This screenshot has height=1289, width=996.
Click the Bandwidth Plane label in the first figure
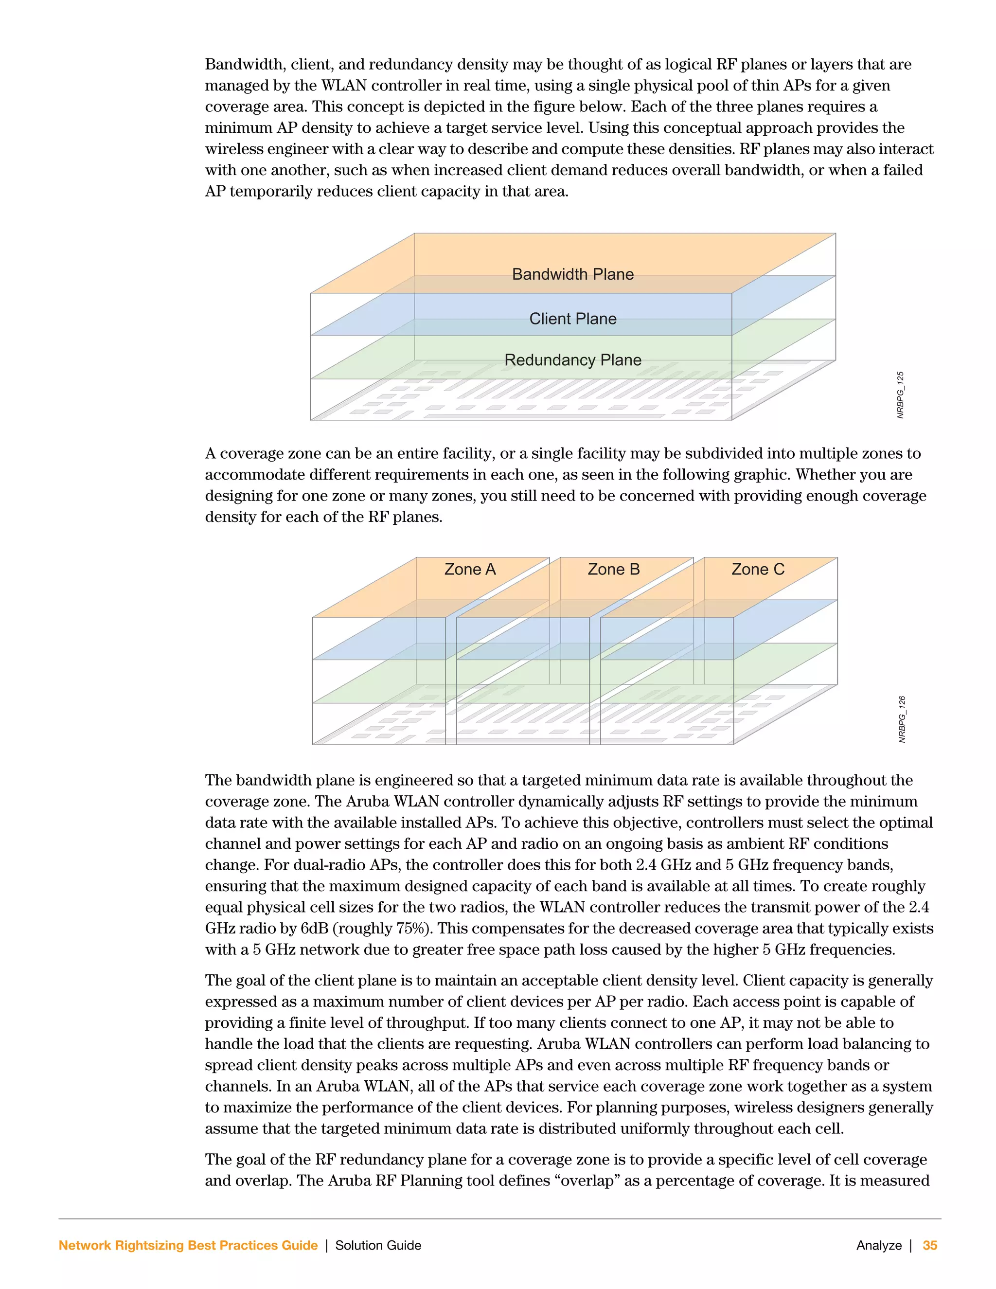572,274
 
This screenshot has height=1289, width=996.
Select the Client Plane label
572,319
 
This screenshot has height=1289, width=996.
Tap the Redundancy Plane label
572,360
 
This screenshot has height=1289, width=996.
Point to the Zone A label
470,570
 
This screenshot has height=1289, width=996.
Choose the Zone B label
614,570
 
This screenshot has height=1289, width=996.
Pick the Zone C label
758,570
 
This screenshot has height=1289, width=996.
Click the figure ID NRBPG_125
900,395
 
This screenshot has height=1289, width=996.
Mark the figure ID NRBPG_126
902,719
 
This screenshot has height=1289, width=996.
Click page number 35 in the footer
930,1245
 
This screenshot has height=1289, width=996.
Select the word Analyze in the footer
879,1245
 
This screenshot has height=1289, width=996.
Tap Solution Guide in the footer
378,1245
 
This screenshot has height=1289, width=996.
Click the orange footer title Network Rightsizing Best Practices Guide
188,1245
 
